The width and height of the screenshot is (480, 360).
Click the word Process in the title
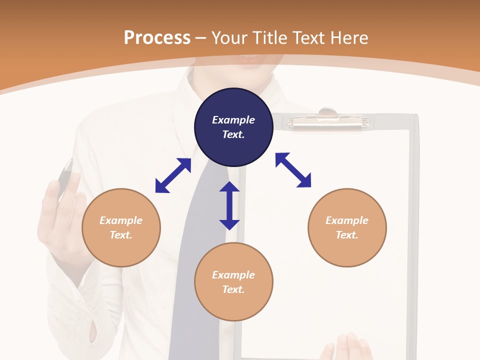coord(157,38)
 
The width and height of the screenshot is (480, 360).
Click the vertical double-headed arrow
coord(229,205)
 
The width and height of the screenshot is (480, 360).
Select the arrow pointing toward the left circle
coord(173,175)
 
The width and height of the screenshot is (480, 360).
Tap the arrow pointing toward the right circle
coord(293,170)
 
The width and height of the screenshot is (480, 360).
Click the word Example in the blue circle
coord(233,120)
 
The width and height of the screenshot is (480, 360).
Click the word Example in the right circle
coord(347,220)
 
